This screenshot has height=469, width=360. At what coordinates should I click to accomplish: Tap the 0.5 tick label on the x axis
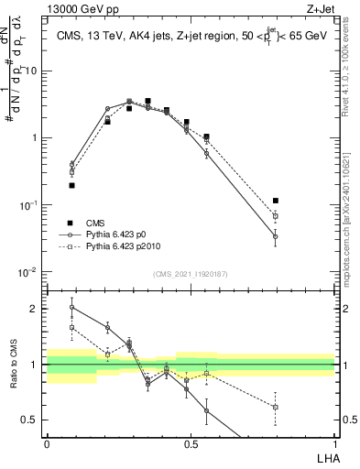coord(191,443)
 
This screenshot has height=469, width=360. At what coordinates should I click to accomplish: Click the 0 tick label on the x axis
coord(47,443)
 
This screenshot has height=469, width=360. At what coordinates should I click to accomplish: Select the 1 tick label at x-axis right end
coord(334,443)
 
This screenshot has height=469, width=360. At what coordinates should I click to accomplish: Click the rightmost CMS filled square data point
coord(276,201)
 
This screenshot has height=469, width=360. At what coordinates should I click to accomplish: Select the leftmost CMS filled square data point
coord(71,185)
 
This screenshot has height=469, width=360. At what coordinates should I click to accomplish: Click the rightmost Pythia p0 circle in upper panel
coord(276,236)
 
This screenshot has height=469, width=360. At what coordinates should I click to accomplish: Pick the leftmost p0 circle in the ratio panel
coord(71,308)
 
